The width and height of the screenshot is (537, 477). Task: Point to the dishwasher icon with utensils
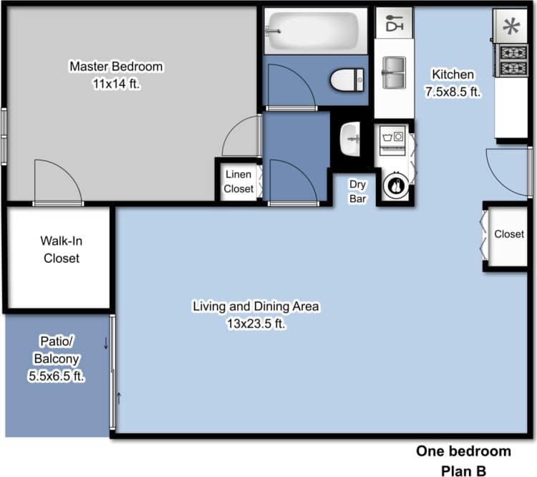[x=394, y=24]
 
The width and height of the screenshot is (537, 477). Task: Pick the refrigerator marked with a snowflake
[x=511, y=27]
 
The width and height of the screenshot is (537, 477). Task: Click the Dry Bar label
[x=357, y=191]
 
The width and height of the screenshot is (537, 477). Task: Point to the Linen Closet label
[x=238, y=182]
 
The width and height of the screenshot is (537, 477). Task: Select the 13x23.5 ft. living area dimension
[x=256, y=323]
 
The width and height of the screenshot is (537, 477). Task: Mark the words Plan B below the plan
[x=463, y=470]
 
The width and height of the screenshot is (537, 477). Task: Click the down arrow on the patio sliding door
[x=106, y=342]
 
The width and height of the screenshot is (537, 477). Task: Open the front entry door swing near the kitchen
[x=508, y=172]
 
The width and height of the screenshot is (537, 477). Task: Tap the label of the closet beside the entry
[x=508, y=234]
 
